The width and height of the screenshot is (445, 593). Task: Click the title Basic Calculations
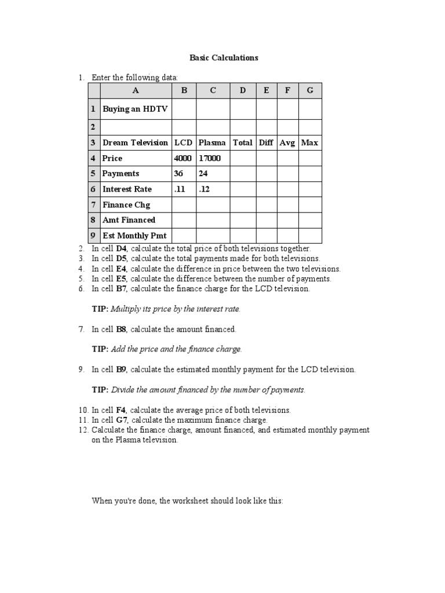(x=224, y=58)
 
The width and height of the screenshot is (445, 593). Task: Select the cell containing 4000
(x=183, y=158)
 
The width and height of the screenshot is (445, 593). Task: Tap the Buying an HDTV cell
(x=135, y=109)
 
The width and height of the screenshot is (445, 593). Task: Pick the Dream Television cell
(x=135, y=142)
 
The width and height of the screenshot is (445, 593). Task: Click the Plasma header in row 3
(x=212, y=142)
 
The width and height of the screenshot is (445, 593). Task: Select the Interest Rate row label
(x=127, y=189)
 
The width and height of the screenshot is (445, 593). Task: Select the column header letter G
(x=310, y=90)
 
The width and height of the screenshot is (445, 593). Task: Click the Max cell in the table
(x=309, y=142)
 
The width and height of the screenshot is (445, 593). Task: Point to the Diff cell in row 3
(x=266, y=142)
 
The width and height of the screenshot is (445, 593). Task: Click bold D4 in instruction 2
(x=122, y=248)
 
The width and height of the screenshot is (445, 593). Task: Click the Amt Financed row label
(x=129, y=220)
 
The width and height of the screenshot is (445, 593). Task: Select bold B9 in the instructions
(x=121, y=369)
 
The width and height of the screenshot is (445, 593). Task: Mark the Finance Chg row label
(x=126, y=204)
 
